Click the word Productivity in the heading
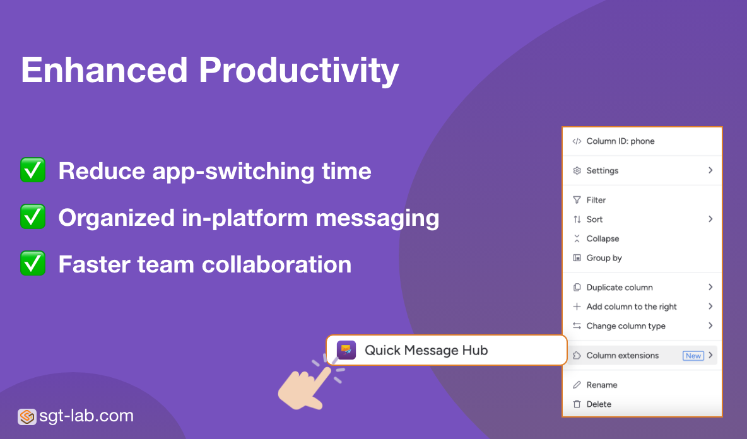pos(298,70)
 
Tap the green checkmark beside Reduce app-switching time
pos(33,171)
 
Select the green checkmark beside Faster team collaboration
pos(33,264)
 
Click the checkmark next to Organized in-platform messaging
pos(33,217)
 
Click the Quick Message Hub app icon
pos(346,350)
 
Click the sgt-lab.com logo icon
pos(26,416)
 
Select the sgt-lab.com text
pos(86,416)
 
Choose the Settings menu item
pos(602,170)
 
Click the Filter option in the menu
pos(596,200)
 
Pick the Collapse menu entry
pos(603,238)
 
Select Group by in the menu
pos(604,258)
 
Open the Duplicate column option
pos(619,287)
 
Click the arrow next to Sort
pos(710,219)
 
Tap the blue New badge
pos(693,356)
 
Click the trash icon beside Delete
pos(577,404)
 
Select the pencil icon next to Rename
pos(577,385)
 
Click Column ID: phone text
pos(620,141)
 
